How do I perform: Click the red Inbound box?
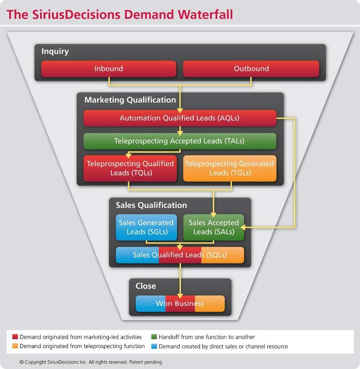pyautogui.click(x=108, y=69)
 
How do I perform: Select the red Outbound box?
pyautogui.click(x=251, y=69)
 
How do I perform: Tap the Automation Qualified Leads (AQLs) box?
pyautogui.click(x=180, y=118)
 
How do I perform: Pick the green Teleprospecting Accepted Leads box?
pyautogui.click(x=180, y=141)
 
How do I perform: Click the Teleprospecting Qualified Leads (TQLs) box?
pyautogui.click(x=130, y=168)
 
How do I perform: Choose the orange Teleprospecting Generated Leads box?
pyautogui.click(x=230, y=168)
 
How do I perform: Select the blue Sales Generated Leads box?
pyautogui.click(x=146, y=227)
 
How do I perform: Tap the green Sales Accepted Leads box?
pyautogui.click(x=214, y=227)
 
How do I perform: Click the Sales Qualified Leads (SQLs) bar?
pyautogui.click(x=180, y=255)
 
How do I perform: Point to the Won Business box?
pyautogui.click(x=180, y=304)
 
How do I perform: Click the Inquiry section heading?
pyautogui.click(x=55, y=51)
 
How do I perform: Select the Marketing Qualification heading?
pyautogui.click(x=130, y=100)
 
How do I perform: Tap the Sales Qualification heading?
pyautogui.click(x=151, y=205)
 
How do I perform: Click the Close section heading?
pyautogui.click(x=145, y=286)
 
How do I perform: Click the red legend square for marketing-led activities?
pyautogui.click(x=15, y=337)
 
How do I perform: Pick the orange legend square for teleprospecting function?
pyautogui.click(x=15, y=346)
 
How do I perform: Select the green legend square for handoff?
pyautogui.click(x=154, y=337)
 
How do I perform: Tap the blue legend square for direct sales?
pyautogui.click(x=154, y=346)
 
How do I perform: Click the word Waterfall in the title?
pyautogui.click(x=205, y=14)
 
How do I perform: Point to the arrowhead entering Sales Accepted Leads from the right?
pyautogui.click(x=243, y=227)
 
